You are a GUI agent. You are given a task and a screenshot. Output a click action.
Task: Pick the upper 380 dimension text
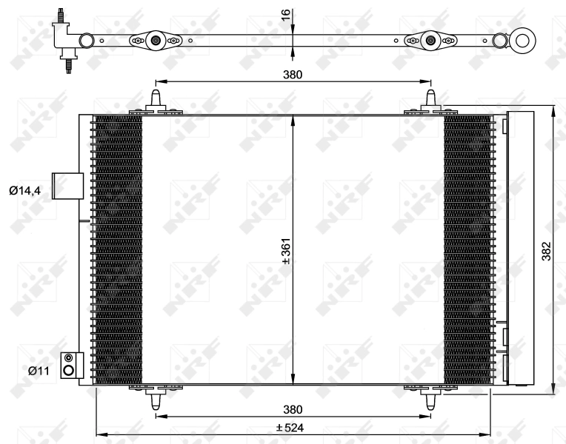click(x=293, y=75)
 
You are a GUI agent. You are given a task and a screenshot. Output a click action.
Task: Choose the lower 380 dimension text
click(x=293, y=409)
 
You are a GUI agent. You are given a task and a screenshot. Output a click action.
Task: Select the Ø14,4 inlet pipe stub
click(x=66, y=185)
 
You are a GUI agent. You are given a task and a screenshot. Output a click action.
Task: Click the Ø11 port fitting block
click(x=70, y=365)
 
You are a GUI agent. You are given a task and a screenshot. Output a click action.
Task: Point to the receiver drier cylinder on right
click(x=519, y=248)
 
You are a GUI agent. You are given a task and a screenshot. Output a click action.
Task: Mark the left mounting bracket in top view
click(x=156, y=41)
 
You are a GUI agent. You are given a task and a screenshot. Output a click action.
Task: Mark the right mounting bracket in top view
click(x=431, y=41)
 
